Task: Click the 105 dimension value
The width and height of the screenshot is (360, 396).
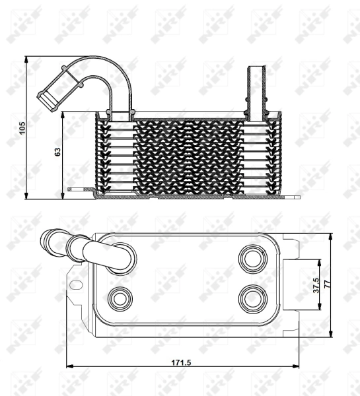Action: (22, 128)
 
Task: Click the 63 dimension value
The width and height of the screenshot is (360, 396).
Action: (58, 152)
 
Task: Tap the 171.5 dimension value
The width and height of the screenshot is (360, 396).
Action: (182, 362)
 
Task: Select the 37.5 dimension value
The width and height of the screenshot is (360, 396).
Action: (316, 285)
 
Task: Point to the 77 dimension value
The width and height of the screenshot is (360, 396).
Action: (327, 284)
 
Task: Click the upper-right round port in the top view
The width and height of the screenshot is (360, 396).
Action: (253, 258)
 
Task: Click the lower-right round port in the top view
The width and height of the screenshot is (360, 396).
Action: (253, 298)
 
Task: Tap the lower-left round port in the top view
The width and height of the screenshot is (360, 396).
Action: (120, 299)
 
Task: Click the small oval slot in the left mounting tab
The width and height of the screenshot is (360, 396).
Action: (76, 285)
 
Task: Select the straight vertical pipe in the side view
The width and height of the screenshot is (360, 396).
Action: (256, 93)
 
